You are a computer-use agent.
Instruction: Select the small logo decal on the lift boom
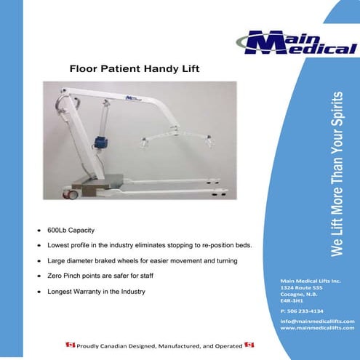(x=132, y=96)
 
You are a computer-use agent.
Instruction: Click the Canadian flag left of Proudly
(x=71, y=343)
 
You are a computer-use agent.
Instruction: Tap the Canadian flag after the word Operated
(x=249, y=343)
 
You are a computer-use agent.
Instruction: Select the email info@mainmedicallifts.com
(x=317, y=321)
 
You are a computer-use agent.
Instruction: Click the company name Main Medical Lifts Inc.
(x=311, y=281)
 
